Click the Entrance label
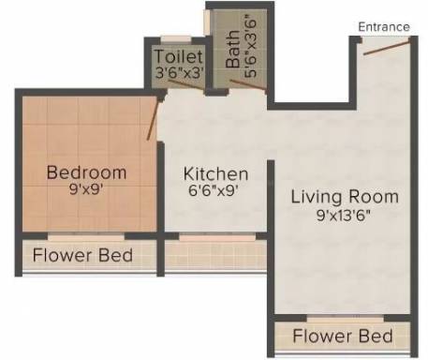[x=384, y=27]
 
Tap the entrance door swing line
[x=387, y=47]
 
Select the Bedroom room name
[x=86, y=172]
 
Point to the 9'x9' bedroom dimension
[x=86, y=189]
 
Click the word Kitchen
[x=215, y=173]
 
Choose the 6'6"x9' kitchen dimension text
[x=214, y=190]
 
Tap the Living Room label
[x=345, y=197]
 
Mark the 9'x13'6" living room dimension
[x=344, y=215]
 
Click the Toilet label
[x=179, y=56]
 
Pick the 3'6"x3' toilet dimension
[x=180, y=72]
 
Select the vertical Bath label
[x=232, y=49]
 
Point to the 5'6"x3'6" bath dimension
[x=250, y=46]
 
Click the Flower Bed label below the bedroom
[x=82, y=255]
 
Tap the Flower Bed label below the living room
[x=343, y=336]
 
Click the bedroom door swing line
[x=154, y=119]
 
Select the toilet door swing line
[x=186, y=85]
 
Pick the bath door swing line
[x=248, y=84]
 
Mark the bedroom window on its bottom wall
[x=86, y=236]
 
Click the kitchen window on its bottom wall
[x=217, y=237]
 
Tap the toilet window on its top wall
[x=176, y=38]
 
